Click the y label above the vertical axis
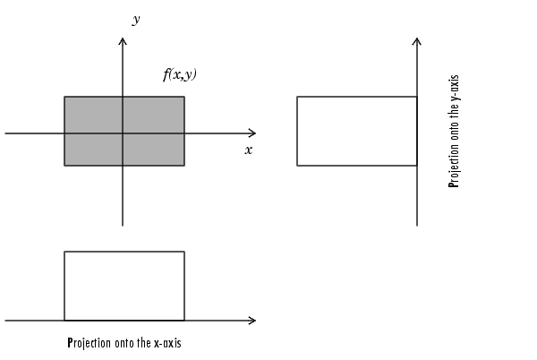coord(135,20)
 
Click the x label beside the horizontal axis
coord(248,150)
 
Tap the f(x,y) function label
coord(179,75)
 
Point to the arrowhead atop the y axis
coord(123,42)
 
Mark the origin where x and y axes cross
coord(123,133)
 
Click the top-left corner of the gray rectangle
coord(64,97)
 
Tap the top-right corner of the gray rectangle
coord(184,97)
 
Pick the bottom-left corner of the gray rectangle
coord(64,166)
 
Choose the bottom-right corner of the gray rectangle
coord(184,166)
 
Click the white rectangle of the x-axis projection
coord(124,286)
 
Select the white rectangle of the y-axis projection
coord(356,131)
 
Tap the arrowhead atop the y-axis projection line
coord(417,42)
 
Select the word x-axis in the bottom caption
coord(167,343)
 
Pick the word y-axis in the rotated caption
coord(454,88)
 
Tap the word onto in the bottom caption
coord(124,343)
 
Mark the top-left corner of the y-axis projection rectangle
coord(297,97)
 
